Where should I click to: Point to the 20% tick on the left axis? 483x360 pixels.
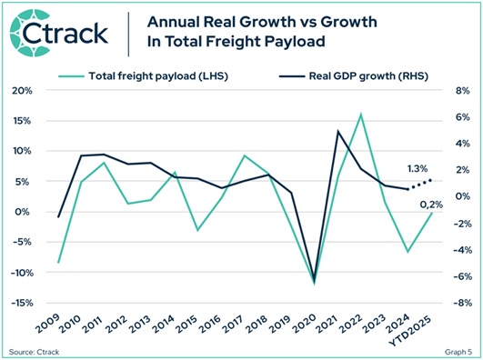22,91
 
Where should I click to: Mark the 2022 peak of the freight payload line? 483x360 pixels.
361,115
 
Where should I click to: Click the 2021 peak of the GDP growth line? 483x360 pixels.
338,131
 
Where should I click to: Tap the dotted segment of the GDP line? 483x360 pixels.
418,185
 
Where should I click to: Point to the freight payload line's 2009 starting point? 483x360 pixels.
58,263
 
